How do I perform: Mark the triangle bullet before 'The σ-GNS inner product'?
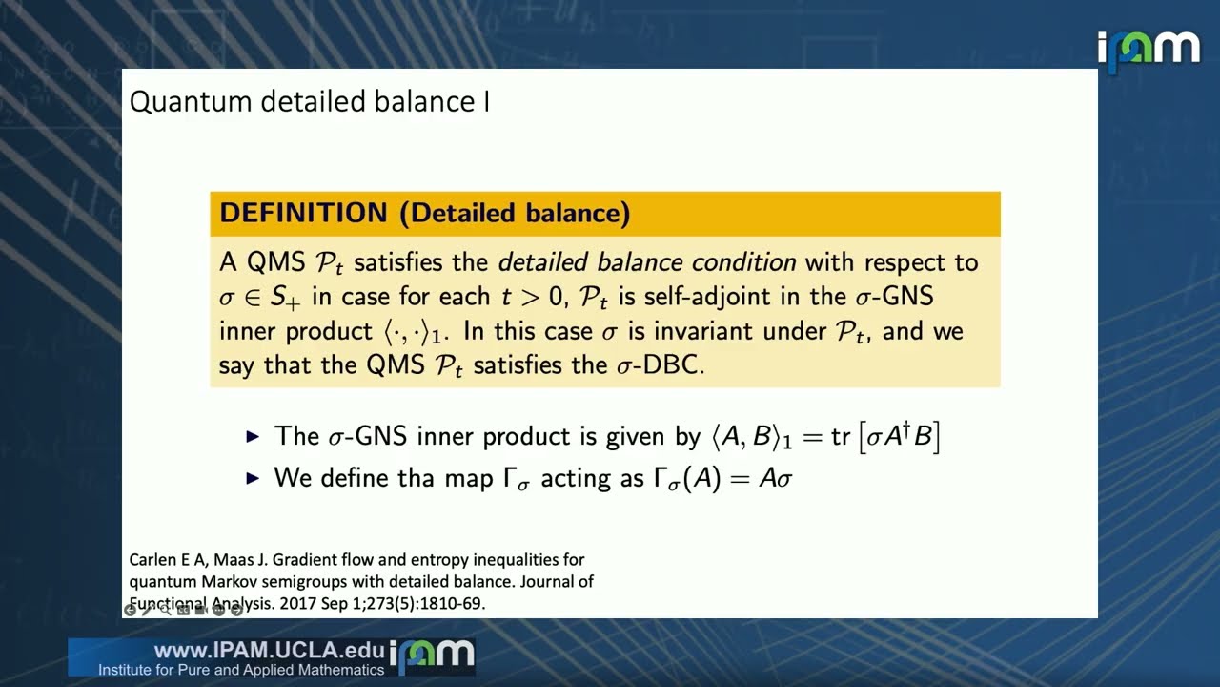253,436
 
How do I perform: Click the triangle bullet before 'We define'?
253,477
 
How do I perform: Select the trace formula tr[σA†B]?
884,436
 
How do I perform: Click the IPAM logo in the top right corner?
1148,50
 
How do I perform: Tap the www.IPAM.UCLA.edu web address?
269,651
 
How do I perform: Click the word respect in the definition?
894,262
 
